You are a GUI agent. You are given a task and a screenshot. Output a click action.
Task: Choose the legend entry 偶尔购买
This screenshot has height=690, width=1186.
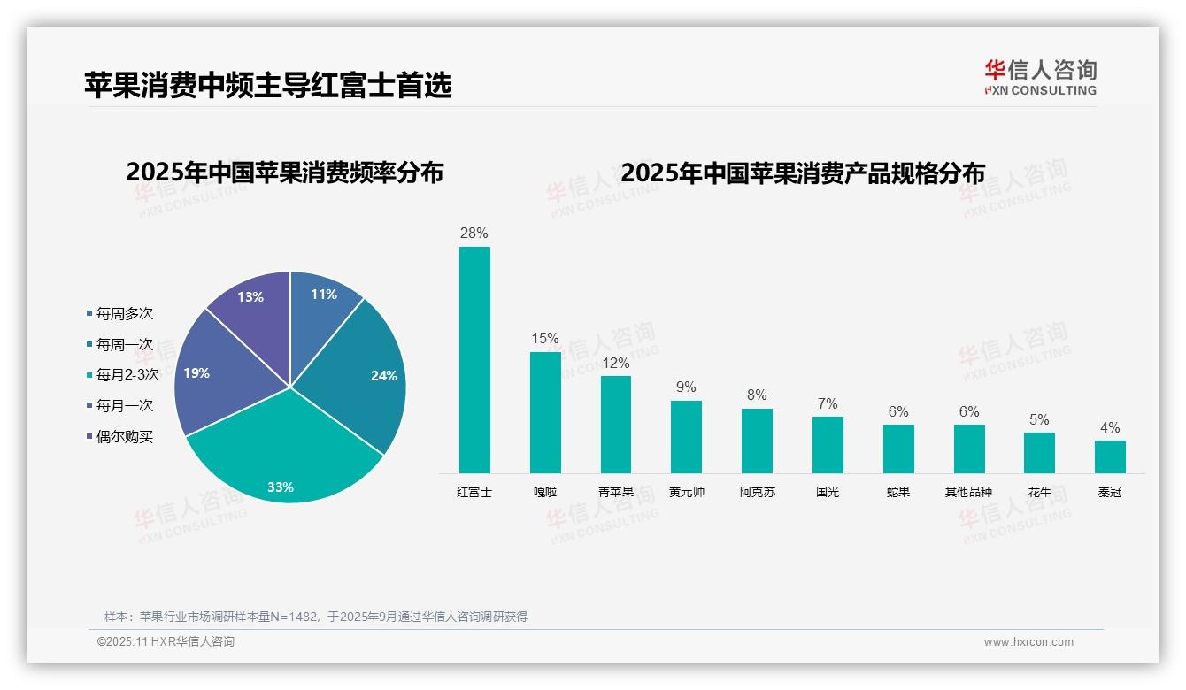click(124, 437)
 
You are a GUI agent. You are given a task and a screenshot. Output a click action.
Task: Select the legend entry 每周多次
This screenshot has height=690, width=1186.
click(124, 314)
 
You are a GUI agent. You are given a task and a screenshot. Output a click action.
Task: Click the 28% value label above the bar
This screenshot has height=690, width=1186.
click(474, 234)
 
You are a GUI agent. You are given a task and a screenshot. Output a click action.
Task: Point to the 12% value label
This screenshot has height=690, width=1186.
click(615, 363)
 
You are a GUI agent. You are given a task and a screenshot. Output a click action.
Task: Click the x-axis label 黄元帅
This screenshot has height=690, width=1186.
click(687, 492)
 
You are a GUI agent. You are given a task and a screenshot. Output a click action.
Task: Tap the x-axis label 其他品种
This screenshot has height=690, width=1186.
click(968, 492)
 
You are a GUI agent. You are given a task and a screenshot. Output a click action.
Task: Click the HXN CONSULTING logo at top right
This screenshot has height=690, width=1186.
click(1040, 77)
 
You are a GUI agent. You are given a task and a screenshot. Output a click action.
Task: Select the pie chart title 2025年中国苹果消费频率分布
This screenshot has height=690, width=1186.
click(284, 172)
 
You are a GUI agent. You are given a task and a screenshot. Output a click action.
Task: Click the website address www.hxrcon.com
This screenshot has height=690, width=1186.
click(1028, 642)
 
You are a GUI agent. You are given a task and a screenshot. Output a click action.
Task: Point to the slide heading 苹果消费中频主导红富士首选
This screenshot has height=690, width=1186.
click(268, 85)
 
